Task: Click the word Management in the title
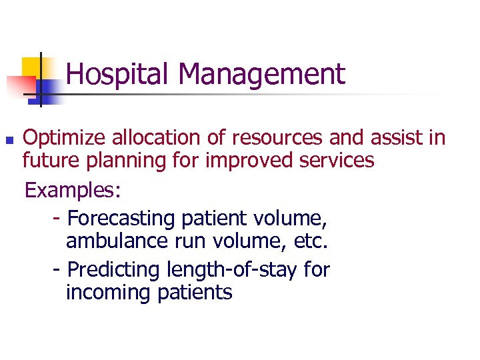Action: coord(262,74)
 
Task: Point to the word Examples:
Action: coord(73,191)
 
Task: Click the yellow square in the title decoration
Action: coord(31,66)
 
